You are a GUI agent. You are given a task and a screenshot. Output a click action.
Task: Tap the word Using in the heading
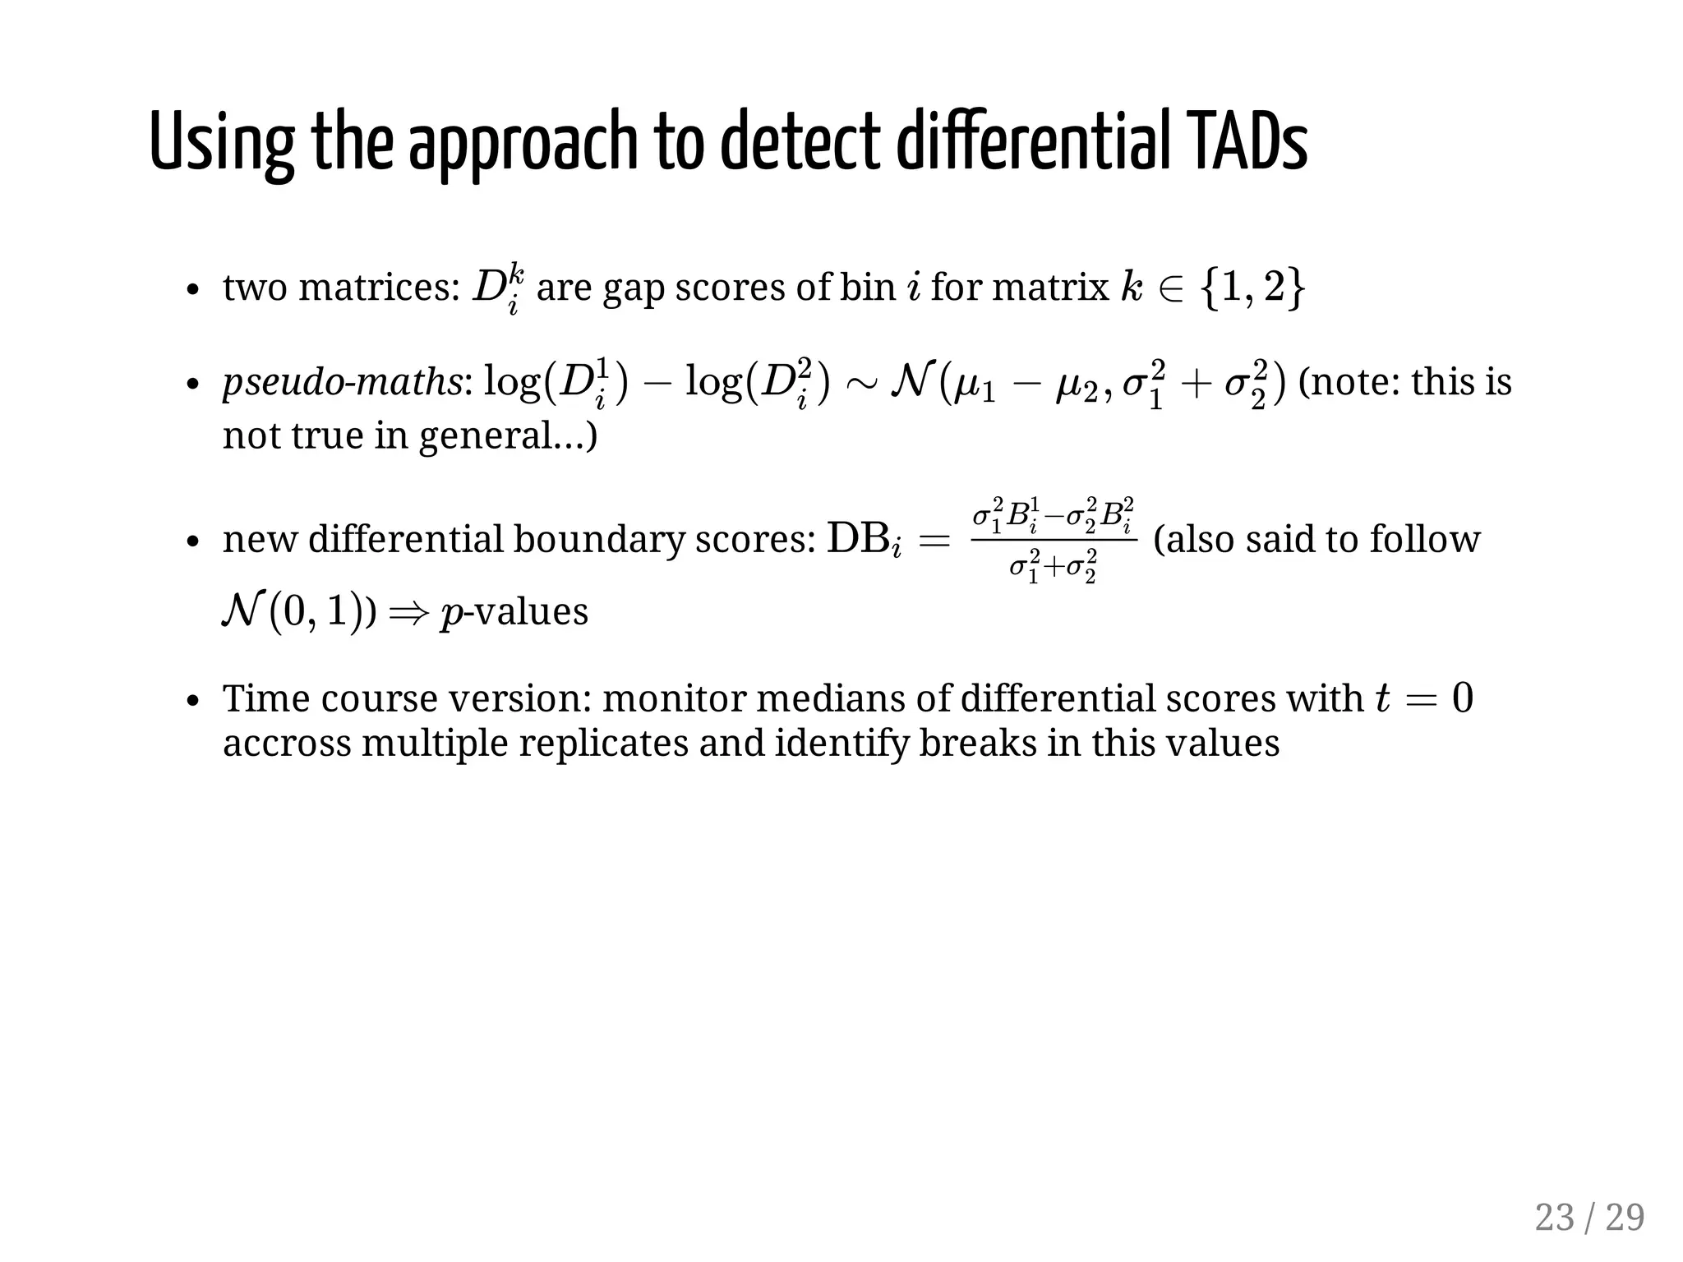pyautogui.click(x=221, y=144)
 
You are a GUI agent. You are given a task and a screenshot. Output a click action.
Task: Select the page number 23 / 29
pyautogui.click(x=1588, y=1217)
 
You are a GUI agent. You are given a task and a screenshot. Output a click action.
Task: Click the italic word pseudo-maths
pyautogui.click(x=342, y=383)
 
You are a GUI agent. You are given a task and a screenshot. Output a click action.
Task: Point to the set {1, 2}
pyautogui.click(x=1251, y=288)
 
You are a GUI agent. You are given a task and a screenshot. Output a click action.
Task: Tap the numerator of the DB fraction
pyautogui.click(x=1053, y=515)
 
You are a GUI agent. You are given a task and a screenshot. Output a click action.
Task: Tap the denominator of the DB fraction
pyautogui.click(x=1053, y=567)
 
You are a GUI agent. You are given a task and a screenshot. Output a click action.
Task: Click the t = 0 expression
pyautogui.click(x=1424, y=698)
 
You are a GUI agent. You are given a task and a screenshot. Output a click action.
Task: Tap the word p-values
pyautogui.click(x=514, y=612)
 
